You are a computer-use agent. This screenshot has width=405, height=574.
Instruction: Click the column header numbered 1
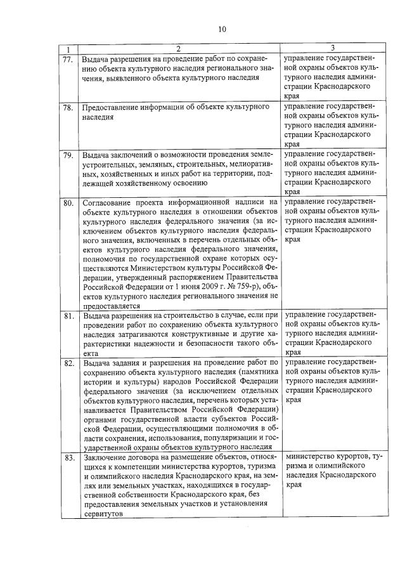click(68, 49)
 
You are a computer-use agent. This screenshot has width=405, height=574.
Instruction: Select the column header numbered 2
click(178, 49)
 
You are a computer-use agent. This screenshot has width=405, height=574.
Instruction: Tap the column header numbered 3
click(333, 49)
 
